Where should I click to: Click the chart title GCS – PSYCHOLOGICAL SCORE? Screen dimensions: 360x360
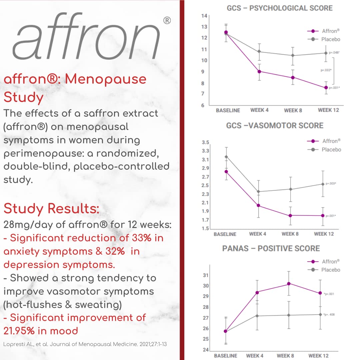pyautogui.click(x=279, y=8)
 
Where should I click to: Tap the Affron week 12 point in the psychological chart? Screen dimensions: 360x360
pyautogui.click(x=326, y=88)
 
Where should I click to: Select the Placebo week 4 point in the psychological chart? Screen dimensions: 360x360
pyautogui.click(x=259, y=52)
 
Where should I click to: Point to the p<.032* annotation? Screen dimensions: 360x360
pyautogui.click(x=326, y=70)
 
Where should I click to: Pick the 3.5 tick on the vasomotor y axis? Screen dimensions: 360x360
pyautogui.click(x=206, y=142)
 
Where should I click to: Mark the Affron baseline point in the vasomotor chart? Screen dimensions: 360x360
pyautogui.click(x=226, y=172)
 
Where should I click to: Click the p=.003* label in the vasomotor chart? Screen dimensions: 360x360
pyautogui.click(x=331, y=184)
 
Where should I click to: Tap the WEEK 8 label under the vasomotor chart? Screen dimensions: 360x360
pyautogui.click(x=290, y=234)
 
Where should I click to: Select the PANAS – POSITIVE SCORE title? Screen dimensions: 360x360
pyautogui.click(x=271, y=249)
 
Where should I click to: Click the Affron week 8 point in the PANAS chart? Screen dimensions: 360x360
pyautogui.click(x=289, y=284)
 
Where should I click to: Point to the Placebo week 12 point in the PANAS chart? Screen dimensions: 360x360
pyautogui.click(x=320, y=314)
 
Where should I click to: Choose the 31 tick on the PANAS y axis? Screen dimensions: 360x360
pyautogui.click(x=206, y=275)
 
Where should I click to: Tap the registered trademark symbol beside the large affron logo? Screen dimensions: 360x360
pyautogui.click(x=167, y=21)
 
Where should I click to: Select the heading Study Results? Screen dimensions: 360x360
pyautogui.click(x=51, y=209)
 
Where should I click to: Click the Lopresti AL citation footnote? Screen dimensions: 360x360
pyautogui.click(x=85, y=344)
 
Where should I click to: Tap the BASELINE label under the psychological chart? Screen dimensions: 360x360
pyautogui.click(x=228, y=110)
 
